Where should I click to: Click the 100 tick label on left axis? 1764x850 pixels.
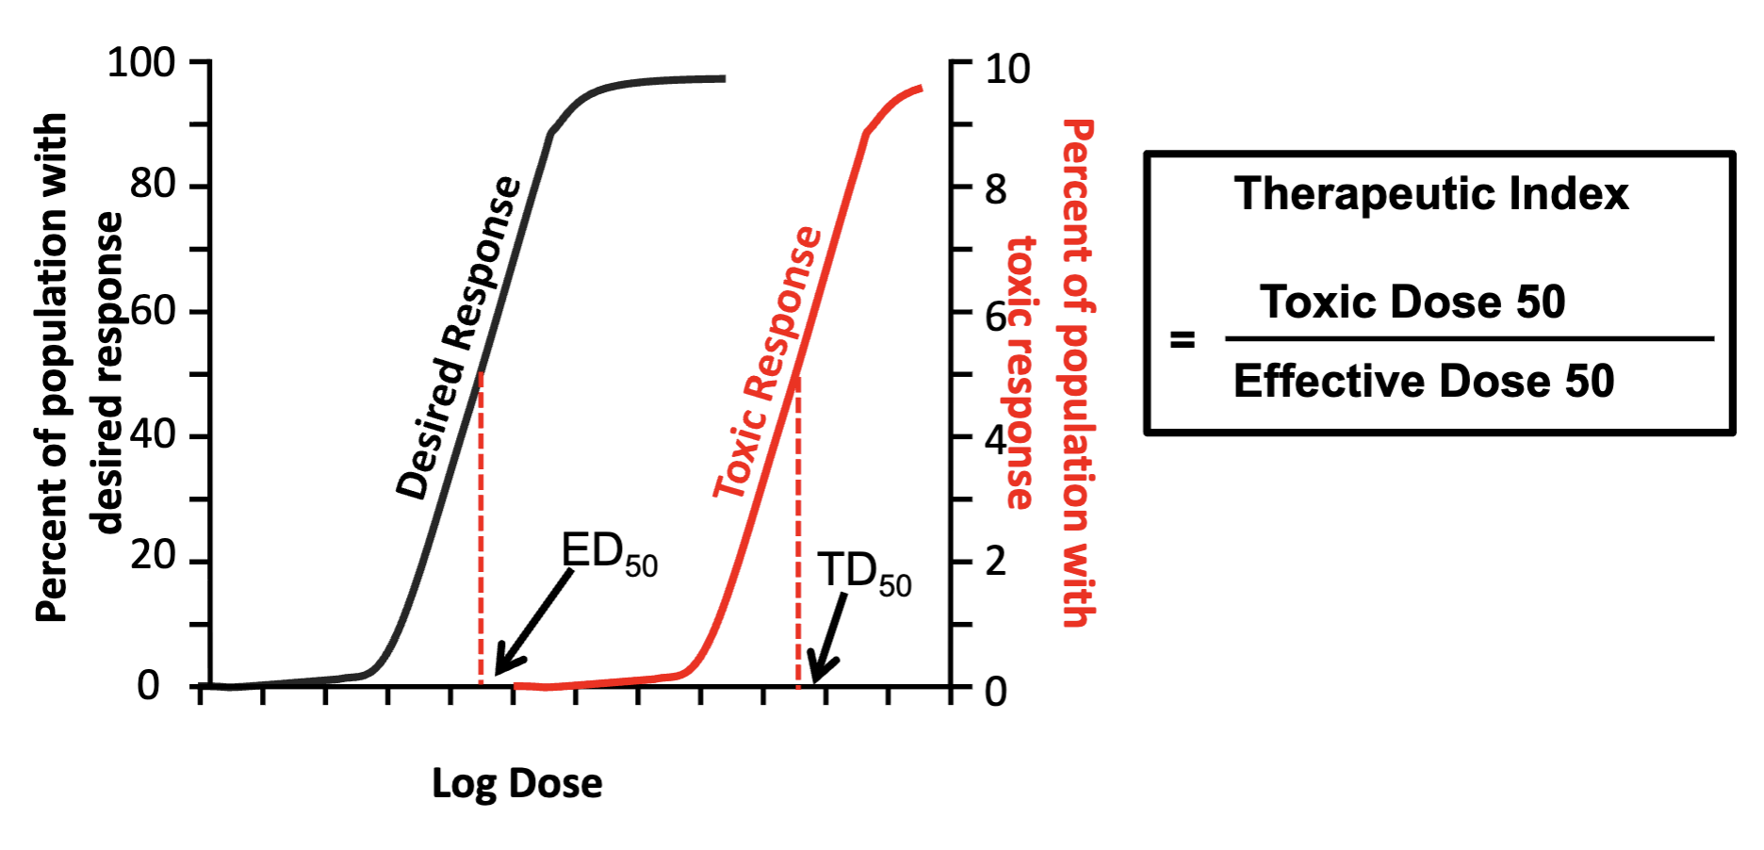(x=141, y=64)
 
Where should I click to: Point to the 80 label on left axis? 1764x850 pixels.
(x=153, y=184)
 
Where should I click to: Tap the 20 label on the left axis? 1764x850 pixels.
(x=153, y=555)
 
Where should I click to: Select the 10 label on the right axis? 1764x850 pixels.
(x=1007, y=70)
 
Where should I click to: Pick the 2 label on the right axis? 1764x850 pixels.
(x=995, y=562)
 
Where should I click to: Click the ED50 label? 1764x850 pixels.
(x=608, y=553)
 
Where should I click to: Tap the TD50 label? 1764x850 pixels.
(x=863, y=573)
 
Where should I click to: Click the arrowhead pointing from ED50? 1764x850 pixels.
(x=504, y=663)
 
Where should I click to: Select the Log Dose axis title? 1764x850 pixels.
(x=516, y=783)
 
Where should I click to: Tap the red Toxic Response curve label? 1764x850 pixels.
(x=767, y=363)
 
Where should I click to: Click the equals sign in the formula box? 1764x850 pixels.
(x=1183, y=339)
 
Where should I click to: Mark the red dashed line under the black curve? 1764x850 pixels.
(x=481, y=528)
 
